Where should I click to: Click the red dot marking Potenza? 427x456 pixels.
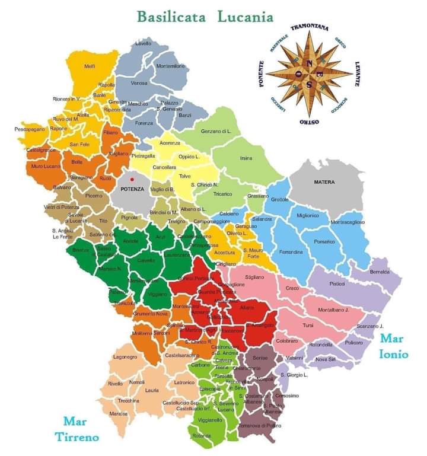(133, 179)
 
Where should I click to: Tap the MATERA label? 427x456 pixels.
(324, 182)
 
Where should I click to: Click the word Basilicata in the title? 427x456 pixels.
(171, 16)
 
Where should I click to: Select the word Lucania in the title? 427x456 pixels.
(245, 16)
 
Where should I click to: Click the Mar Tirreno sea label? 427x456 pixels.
(81, 429)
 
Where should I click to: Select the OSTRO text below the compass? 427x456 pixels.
(310, 121)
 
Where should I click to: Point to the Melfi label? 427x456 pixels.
(90, 66)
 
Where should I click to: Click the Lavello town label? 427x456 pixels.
(143, 43)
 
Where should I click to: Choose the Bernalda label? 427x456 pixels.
(380, 272)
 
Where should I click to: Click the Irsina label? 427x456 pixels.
(246, 158)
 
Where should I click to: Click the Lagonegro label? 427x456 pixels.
(125, 357)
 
